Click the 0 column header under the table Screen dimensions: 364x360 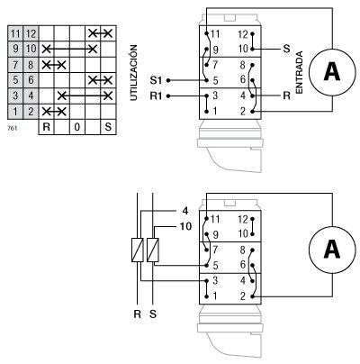[x=78, y=128]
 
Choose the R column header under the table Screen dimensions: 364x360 [x=47, y=128]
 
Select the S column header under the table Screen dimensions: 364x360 [x=110, y=128]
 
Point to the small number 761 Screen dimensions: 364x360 [x=11, y=129]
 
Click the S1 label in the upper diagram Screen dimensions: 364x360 [x=154, y=79]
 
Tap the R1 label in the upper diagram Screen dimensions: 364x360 [x=154, y=94]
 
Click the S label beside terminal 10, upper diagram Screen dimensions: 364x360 [x=286, y=47]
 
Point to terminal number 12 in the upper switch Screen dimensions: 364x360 [x=243, y=33]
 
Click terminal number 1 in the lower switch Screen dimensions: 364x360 [x=213, y=296]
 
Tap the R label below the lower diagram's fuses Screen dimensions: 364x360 [x=138, y=314]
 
